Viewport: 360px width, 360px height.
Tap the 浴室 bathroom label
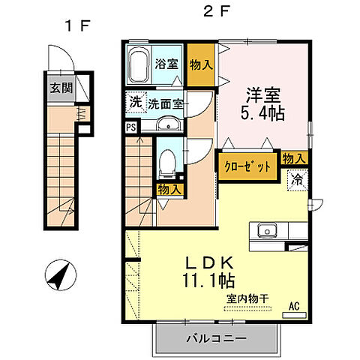click(x=167, y=64)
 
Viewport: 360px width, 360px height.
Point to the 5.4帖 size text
click(x=263, y=115)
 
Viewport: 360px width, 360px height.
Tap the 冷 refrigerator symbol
click(x=297, y=180)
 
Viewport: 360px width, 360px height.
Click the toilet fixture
click(x=167, y=159)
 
